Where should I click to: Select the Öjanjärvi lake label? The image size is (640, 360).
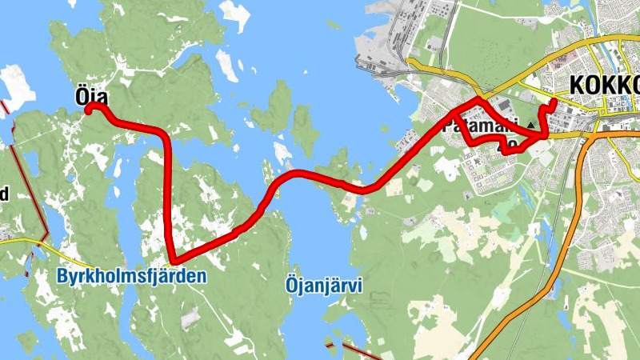click(324, 284)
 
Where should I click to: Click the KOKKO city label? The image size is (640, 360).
click(603, 86)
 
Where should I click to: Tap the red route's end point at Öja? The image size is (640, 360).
click(90, 107)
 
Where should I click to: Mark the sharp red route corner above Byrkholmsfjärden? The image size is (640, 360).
click(173, 259)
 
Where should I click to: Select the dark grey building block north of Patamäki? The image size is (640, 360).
click(503, 105)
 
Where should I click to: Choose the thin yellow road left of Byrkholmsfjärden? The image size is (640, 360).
click(48, 246)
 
